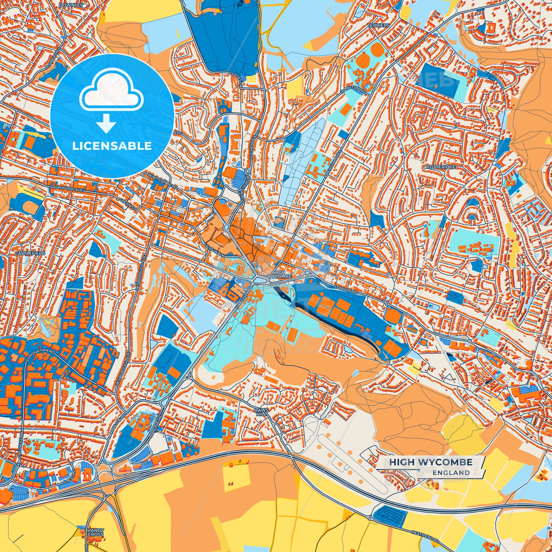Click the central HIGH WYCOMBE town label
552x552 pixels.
(x=279, y=275)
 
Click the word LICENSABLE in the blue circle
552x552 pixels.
(x=112, y=146)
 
